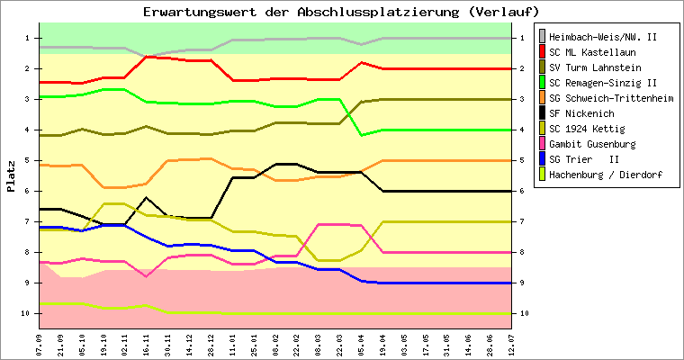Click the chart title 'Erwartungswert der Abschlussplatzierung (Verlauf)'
pyautogui.click(x=341, y=12)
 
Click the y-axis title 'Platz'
pyautogui.click(x=11, y=176)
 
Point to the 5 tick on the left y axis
pyautogui.click(x=28, y=160)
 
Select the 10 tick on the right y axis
pyautogui.click(x=524, y=313)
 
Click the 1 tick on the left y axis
pyautogui.click(x=28, y=38)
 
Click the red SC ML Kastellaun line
pyautogui.click(x=450, y=68)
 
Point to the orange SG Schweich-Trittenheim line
pyautogui.click(x=450, y=160)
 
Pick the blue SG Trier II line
pyautogui.click(x=450, y=283)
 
